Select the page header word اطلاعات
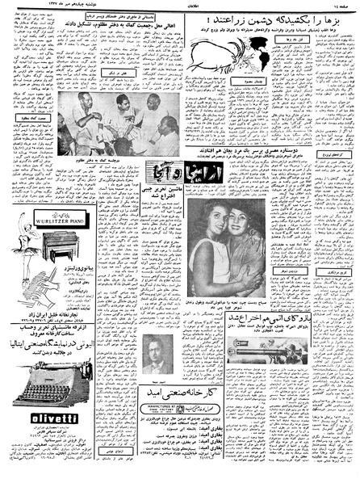point(178,5)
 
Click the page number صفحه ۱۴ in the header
point(338,5)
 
